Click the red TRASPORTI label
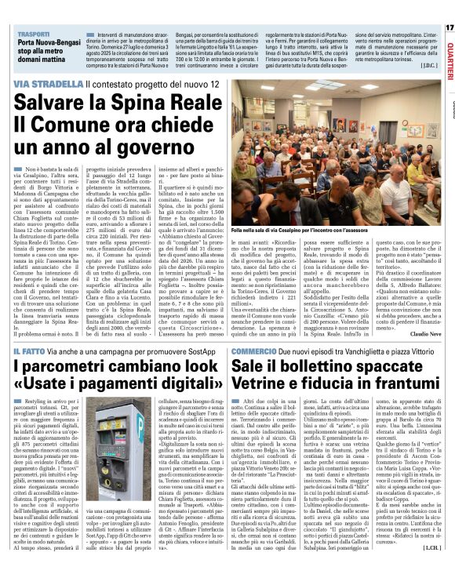(x=30, y=35)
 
